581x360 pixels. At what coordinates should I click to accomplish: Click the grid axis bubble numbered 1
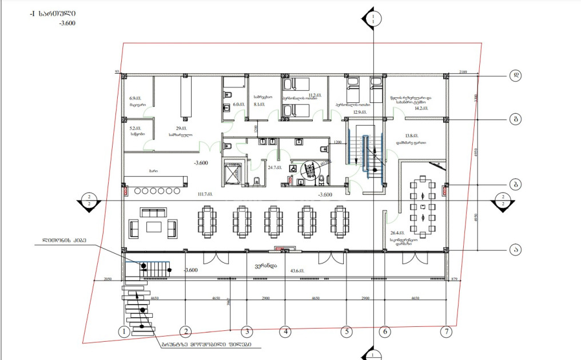(122, 331)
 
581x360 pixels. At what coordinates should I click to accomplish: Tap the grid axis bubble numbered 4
(285, 331)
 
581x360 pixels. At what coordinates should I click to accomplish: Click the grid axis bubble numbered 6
(385, 331)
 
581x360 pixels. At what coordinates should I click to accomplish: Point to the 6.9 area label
(136, 98)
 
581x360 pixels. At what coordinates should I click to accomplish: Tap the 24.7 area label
(276, 168)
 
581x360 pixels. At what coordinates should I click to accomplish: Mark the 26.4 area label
(397, 233)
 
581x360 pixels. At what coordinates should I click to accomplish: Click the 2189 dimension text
(464, 72)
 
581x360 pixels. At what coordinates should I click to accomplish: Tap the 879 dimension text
(455, 278)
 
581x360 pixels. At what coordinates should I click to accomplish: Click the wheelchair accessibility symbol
(293, 169)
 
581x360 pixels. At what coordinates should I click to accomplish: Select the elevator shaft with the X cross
(233, 172)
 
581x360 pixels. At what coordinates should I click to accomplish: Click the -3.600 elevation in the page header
(67, 23)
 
